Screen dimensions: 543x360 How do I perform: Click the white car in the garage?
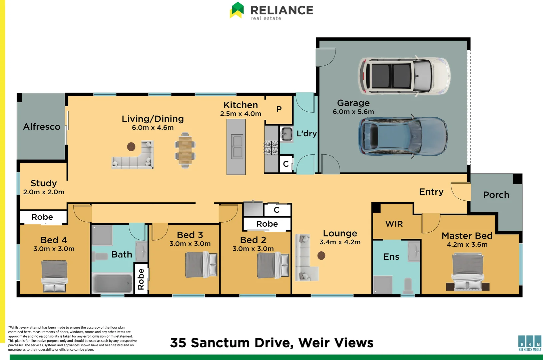pos(404,76)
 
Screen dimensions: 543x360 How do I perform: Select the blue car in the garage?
pos(403,136)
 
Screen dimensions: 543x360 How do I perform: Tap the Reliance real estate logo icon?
pos(236,10)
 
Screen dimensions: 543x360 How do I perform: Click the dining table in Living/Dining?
pos(185,150)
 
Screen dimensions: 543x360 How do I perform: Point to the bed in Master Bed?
pos(468,272)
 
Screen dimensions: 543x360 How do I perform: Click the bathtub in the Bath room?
pos(112,283)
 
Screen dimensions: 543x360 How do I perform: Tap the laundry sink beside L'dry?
pos(286,134)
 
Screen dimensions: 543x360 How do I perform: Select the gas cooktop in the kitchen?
pos(271,148)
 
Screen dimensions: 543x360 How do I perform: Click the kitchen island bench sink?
pos(237,147)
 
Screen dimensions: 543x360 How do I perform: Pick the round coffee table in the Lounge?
pos(321,256)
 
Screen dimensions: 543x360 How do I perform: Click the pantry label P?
pos(279,109)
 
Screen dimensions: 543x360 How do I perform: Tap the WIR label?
pos(394,224)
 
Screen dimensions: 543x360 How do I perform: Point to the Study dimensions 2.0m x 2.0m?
pos(44,192)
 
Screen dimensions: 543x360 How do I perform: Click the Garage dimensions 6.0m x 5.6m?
pos(353,112)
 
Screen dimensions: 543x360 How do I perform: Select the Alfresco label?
pos(42,127)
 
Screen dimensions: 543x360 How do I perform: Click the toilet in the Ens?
pos(408,286)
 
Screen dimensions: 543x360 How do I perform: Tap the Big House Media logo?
pos(530,343)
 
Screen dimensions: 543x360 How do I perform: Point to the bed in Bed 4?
pos(54,276)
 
